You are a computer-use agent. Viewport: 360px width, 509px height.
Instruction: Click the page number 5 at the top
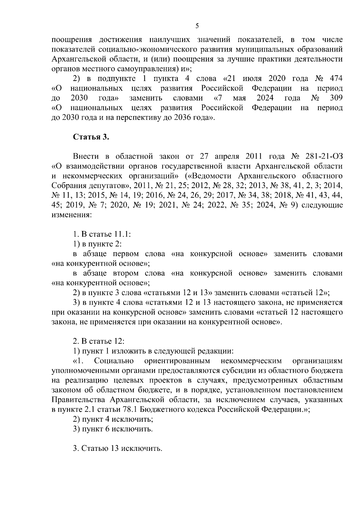pyautogui.click(x=197, y=26)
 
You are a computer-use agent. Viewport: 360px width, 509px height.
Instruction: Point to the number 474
pyautogui.click(x=336, y=79)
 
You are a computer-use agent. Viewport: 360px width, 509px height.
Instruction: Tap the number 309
pyautogui.click(x=336, y=98)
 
